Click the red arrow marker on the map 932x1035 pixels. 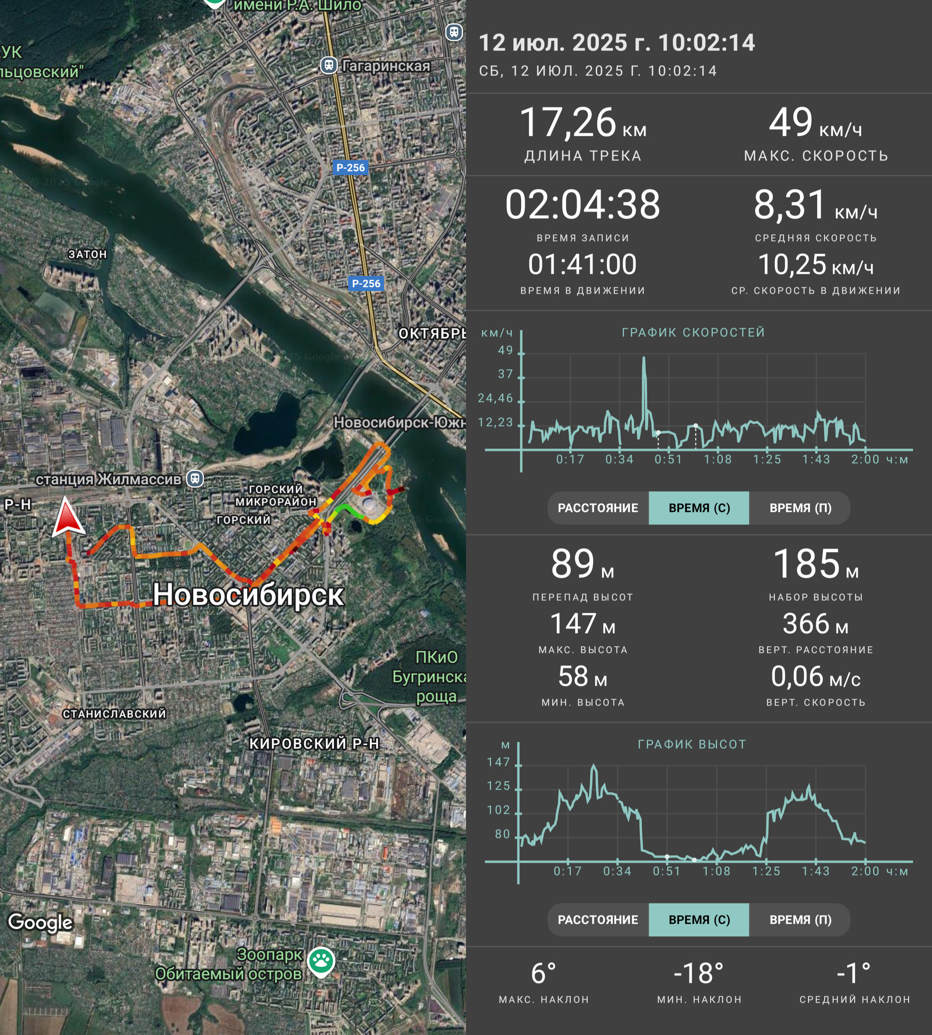[x=68, y=518]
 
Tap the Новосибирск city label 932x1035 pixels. [x=249, y=595]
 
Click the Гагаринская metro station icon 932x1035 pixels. [x=329, y=66]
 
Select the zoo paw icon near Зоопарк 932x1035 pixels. [x=321, y=961]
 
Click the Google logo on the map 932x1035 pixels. [x=41, y=923]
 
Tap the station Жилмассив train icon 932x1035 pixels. [x=195, y=479]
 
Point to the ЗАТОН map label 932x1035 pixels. [x=88, y=254]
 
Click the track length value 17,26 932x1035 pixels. [x=568, y=123]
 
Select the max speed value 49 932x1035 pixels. [x=790, y=122]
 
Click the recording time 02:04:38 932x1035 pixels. [x=583, y=204]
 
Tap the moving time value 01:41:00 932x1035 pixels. [x=583, y=264]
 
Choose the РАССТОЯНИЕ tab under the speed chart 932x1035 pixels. [x=598, y=508]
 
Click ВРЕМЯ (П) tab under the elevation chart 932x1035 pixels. [x=800, y=920]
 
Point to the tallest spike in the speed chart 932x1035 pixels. [x=644, y=358]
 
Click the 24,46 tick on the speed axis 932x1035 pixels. [x=496, y=398]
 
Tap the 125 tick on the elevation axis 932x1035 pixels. [x=499, y=786]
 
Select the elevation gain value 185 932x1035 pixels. [x=806, y=564]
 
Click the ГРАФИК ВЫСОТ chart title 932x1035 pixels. [x=692, y=744]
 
